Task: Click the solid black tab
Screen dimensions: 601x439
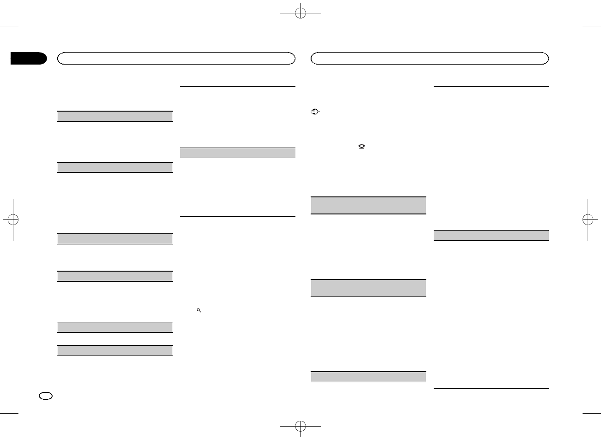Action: [29, 59]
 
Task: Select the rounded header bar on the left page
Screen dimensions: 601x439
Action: [176, 58]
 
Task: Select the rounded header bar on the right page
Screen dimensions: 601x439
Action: [430, 58]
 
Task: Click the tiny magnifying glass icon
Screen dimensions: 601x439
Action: [199, 311]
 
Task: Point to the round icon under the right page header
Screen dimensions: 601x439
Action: [315, 112]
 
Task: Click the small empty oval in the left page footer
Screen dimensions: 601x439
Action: [47, 396]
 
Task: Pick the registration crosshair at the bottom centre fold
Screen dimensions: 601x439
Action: [300, 425]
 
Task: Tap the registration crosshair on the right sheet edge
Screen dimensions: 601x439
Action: [588, 219]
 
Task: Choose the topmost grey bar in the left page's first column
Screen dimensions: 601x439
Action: [115, 116]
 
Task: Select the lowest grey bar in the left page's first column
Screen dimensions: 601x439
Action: [115, 350]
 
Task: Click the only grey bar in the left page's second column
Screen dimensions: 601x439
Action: [237, 153]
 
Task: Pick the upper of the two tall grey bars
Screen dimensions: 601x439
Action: [368, 205]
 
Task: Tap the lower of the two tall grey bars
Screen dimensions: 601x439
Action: [368, 288]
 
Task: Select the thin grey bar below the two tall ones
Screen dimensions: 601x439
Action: [368, 376]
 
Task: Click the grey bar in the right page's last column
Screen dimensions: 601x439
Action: [492, 235]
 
